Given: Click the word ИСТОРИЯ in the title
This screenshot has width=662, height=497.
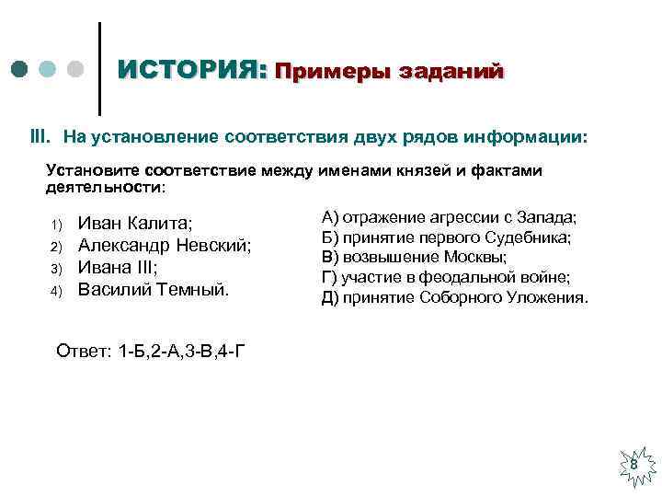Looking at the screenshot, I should point(192,70).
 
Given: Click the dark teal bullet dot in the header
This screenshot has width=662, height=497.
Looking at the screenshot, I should point(20,69).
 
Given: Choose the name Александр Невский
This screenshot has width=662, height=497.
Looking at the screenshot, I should point(165,246).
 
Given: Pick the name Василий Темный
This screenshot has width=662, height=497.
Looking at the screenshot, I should point(153,290).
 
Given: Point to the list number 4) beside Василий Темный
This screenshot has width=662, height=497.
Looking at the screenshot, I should point(55,292).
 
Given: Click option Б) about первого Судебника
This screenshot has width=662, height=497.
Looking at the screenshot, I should point(446,237).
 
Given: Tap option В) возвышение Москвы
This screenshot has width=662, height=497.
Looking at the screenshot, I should point(414,257).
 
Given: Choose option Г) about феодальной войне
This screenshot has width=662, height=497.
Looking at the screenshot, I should point(445,277).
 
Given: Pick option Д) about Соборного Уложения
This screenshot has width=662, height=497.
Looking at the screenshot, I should point(454,297).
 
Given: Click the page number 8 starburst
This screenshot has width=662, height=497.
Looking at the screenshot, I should point(633,466).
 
